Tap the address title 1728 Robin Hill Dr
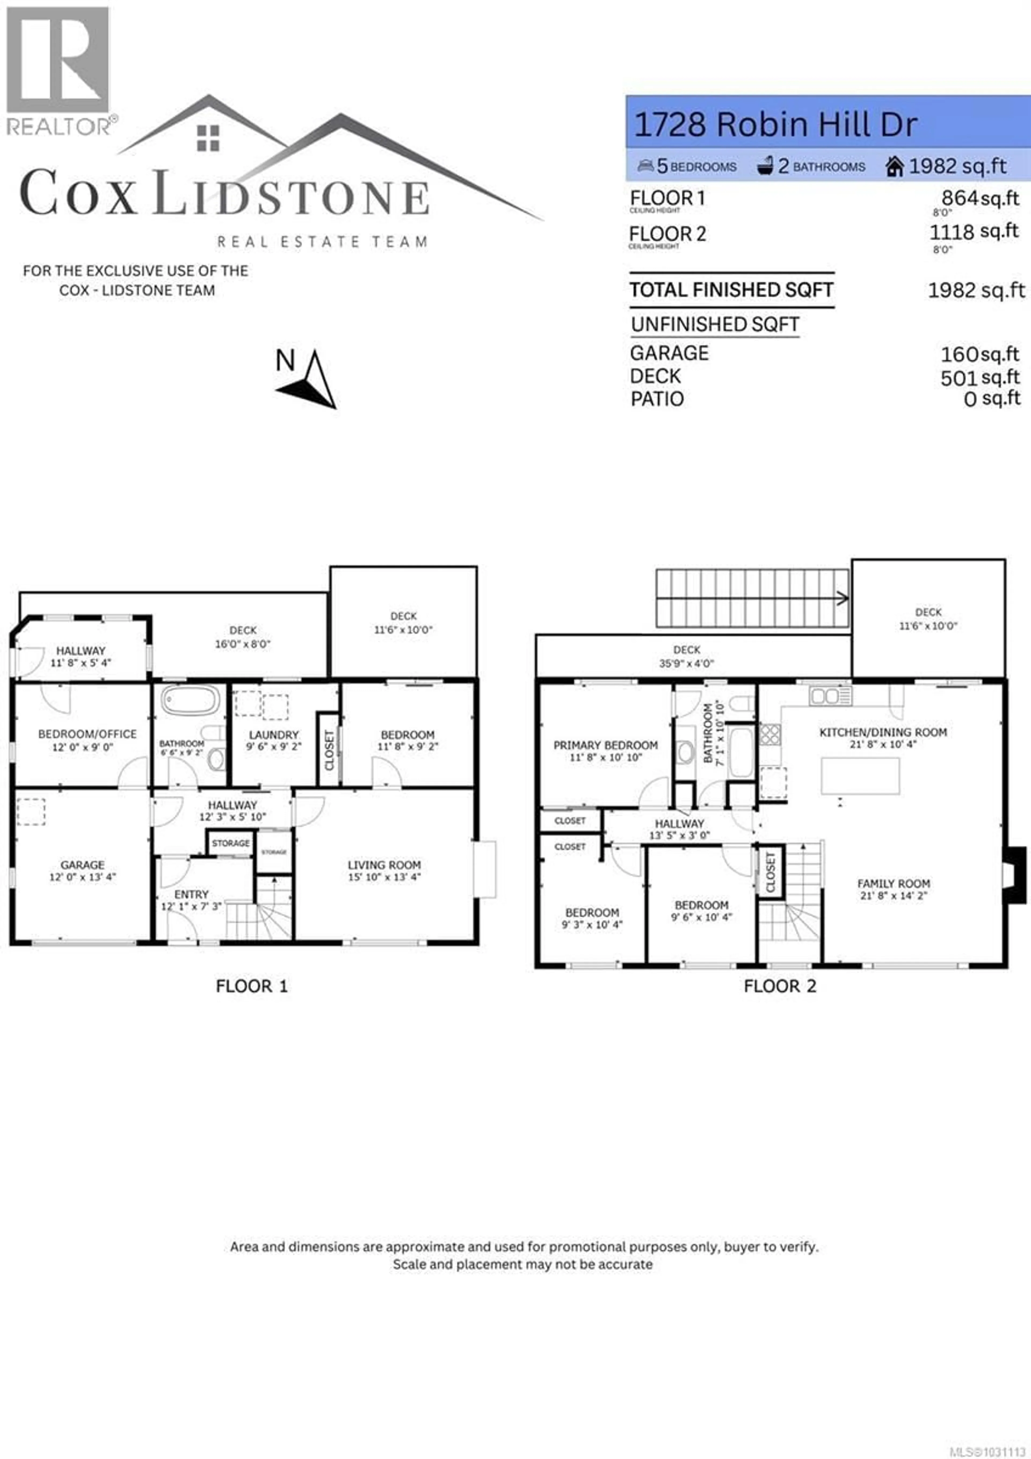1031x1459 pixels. click(x=775, y=125)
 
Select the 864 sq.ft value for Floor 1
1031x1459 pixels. click(x=979, y=198)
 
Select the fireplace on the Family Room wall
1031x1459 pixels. click(x=1015, y=875)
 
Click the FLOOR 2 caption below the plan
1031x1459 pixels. click(x=779, y=986)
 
